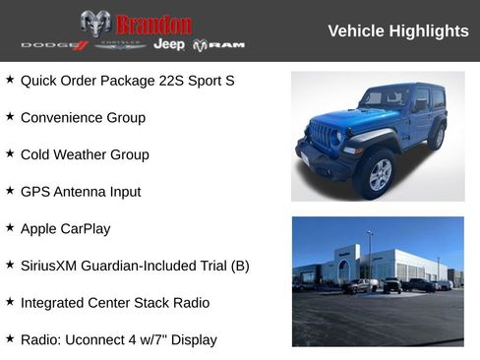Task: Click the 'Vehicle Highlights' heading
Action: (397, 31)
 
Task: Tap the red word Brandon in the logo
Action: (153, 25)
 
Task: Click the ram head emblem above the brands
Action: (95, 24)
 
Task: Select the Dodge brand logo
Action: (55, 45)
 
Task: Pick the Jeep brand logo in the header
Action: (169, 45)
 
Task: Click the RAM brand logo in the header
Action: (218, 45)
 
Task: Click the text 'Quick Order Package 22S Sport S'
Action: (127, 80)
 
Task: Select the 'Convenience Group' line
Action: (83, 117)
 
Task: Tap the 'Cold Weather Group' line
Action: (85, 154)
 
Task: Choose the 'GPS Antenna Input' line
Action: (81, 192)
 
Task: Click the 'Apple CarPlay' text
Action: (65, 228)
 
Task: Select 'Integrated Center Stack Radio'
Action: (115, 303)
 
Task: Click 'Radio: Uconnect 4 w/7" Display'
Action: (118, 340)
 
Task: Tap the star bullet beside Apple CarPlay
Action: (10, 227)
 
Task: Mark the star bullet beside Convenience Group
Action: (10, 116)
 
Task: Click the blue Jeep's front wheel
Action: (378, 174)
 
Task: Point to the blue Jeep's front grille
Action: (323, 136)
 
